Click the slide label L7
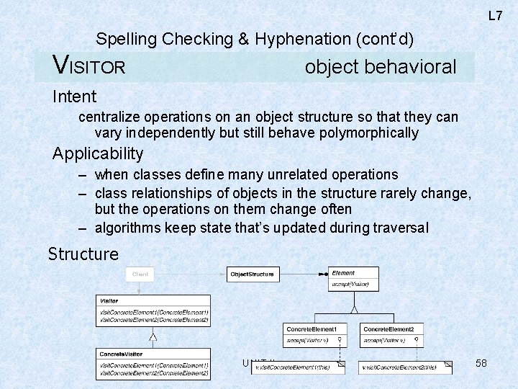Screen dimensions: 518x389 click(495, 15)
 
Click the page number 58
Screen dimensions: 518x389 click(481, 363)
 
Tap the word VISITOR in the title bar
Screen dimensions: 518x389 click(90, 67)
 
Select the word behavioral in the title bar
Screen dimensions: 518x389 click(410, 67)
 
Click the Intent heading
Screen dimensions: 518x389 click(74, 96)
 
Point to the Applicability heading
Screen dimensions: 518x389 click(98, 153)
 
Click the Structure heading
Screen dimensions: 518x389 click(83, 254)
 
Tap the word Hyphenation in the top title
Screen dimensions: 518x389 click(304, 39)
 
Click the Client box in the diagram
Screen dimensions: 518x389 click(140, 274)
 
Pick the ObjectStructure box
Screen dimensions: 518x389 click(252, 274)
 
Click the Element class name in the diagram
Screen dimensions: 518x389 click(343, 273)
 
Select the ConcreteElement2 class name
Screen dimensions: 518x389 click(388, 328)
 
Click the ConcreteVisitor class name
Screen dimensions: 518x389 click(122, 354)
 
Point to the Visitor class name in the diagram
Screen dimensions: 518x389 click(110, 300)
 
